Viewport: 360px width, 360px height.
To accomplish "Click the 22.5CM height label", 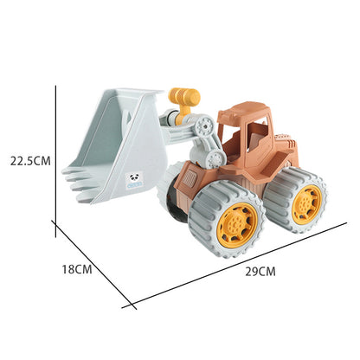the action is (30, 161).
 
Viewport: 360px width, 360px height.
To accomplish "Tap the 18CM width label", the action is (77, 269).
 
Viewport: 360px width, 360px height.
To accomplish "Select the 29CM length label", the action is (260, 272).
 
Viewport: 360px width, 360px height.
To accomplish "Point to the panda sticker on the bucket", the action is (135, 181).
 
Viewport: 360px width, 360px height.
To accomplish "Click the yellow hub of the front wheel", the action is (236, 222).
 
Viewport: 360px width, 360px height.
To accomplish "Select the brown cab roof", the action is (245, 111).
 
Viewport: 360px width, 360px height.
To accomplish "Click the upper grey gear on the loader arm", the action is (204, 125).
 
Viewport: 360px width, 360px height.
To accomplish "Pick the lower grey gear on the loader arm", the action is (215, 159).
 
